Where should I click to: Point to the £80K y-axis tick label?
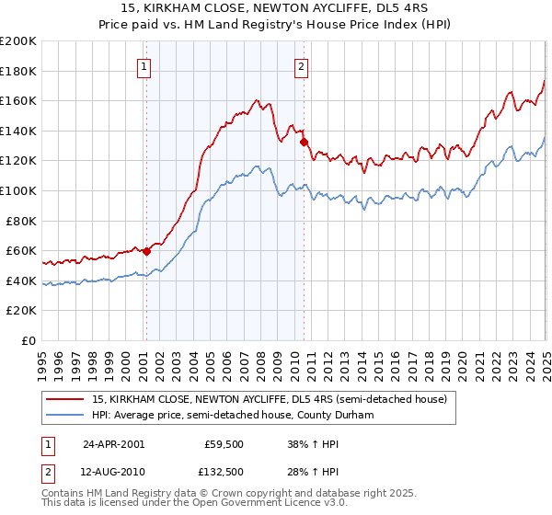tap(21, 221)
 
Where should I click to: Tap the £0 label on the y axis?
tap(29, 340)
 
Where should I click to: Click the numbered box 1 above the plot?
tap(145, 65)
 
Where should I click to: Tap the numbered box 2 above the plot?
tap(302, 65)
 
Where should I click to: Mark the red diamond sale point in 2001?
tap(146, 251)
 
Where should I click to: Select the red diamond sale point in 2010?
tap(303, 142)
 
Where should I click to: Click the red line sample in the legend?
tap(65, 399)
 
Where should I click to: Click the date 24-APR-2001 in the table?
tap(113, 442)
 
